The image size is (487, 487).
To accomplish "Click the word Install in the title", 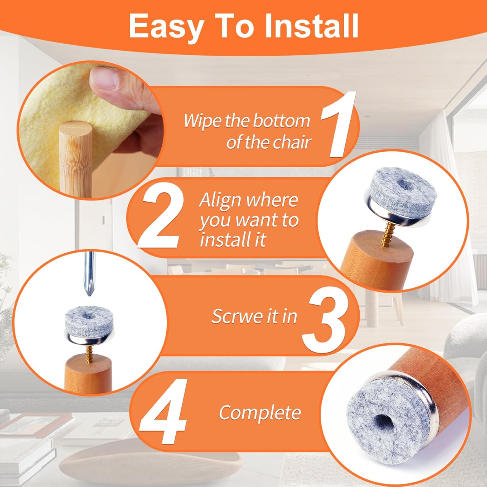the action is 311,26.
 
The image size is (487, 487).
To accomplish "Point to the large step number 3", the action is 324,321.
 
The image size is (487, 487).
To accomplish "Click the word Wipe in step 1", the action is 202,121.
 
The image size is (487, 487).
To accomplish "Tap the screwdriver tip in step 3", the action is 88,293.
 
